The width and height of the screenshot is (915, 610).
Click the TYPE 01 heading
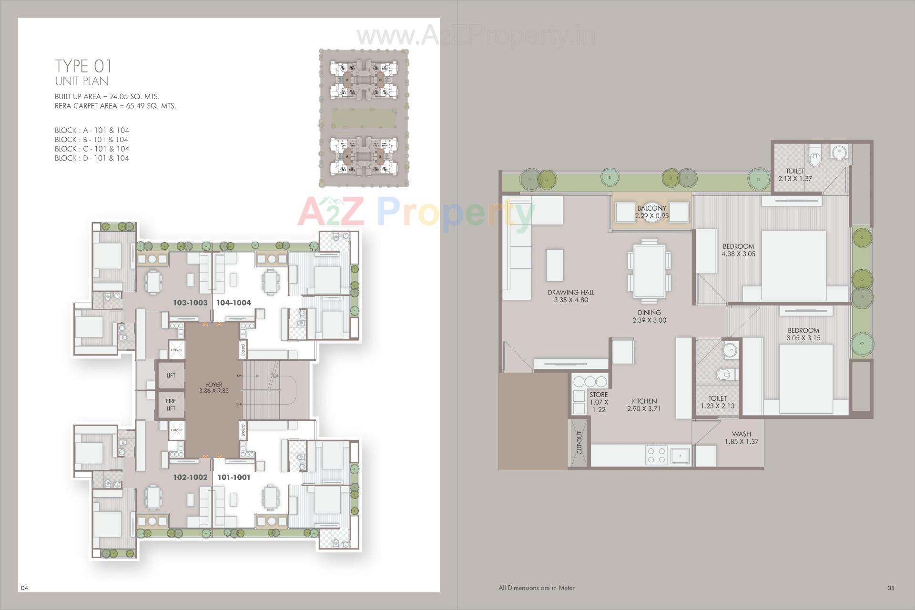click(83, 66)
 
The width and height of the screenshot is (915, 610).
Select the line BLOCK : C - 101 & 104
click(92, 149)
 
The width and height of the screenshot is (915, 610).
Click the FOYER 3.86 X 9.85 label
click(213, 387)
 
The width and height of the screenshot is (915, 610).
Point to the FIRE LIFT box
click(171, 405)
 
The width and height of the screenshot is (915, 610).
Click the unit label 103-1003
click(190, 303)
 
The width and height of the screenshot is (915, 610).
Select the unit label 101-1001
click(234, 477)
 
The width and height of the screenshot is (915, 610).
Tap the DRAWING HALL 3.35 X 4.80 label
click(570, 296)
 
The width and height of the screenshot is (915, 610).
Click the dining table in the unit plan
click(649, 271)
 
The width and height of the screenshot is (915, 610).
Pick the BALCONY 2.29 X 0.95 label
click(651, 212)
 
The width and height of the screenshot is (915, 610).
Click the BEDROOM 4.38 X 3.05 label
click(738, 250)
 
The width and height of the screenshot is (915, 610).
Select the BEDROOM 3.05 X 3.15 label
click(803, 334)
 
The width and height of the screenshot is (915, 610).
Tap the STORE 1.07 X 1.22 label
click(599, 402)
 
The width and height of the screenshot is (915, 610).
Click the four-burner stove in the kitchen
click(656, 455)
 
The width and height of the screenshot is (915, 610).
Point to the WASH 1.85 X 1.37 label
click(741, 437)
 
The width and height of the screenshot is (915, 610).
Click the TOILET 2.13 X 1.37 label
click(795, 174)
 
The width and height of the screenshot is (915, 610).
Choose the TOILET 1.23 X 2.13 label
click(717, 402)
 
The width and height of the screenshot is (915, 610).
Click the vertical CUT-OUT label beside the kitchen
click(579, 443)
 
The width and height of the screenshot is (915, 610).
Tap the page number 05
click(891, 588)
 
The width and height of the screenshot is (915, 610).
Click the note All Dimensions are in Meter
click(537, 588)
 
